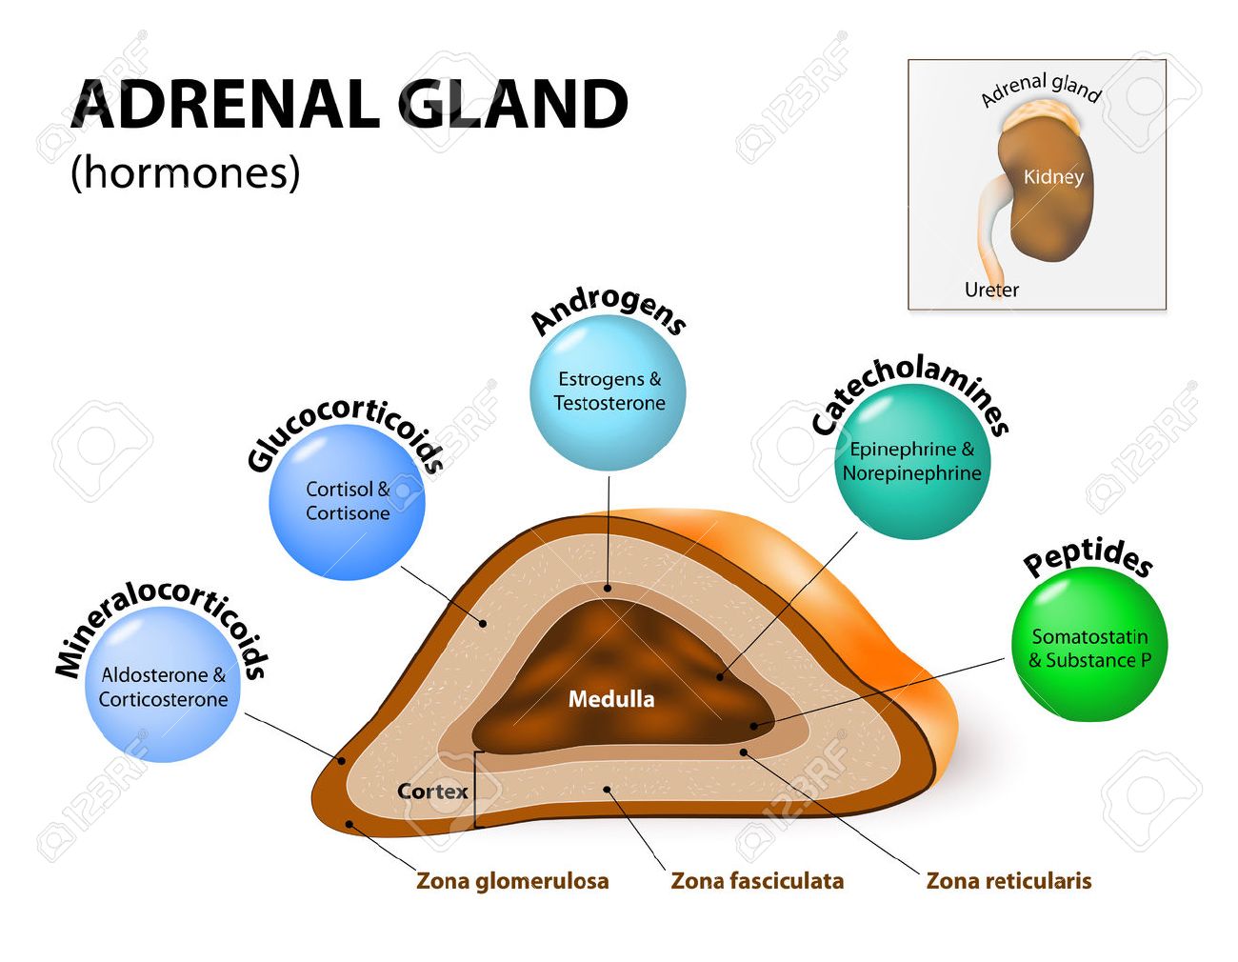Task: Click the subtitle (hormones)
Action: (x=186, y=172)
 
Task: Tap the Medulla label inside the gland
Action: (x=611, y=699)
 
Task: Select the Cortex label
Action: (x=432, y=792)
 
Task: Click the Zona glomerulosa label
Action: (x=512, y=881)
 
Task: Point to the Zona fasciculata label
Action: (x=757, y=881)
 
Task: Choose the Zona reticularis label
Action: (x=1008, y=881)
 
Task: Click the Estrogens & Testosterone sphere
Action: (x=609, y=392)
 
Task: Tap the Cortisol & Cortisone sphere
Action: (x=348, y=502)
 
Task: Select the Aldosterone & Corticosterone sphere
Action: (x=163, y=686)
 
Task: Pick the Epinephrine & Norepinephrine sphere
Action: (x=911, y=462)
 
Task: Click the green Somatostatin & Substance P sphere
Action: (x=1089, y=648)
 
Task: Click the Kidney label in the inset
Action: (x=1053, y=177)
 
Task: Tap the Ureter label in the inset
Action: (x=991, y=290)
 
